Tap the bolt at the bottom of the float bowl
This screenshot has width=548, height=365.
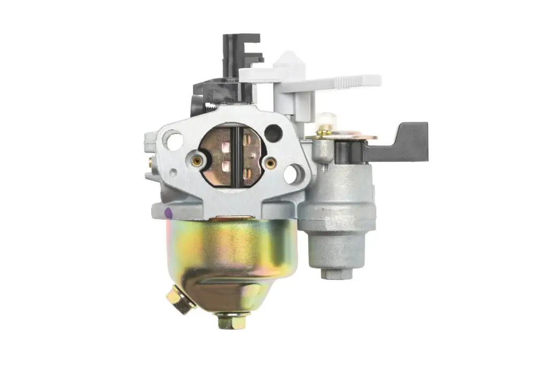coord(225,322)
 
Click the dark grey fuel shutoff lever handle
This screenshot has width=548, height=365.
coord(407,140)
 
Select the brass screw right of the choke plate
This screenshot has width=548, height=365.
coord(271,162)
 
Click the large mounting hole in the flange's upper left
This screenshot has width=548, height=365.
coord(172,141)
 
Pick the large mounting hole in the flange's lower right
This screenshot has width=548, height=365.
coord(292,173)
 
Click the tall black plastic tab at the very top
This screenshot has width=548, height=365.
coord(242,51)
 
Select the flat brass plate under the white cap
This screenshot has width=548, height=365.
coord(342,136)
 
